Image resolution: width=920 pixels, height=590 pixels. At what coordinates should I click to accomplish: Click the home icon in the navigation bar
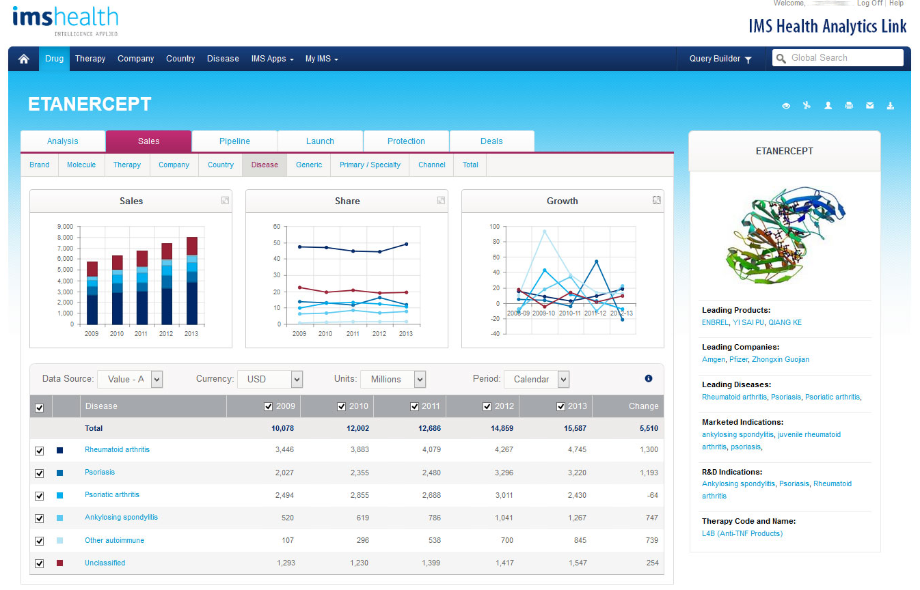pyautogui.click(x=24, y=59)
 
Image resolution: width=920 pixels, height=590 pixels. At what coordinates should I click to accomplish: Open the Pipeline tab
pyautogui.click(x=234, y=141)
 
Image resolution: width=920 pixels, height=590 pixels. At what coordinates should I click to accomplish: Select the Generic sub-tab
pyautogui.click(x=309, y=165)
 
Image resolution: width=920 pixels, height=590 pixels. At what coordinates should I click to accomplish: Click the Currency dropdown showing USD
pyautogui.click(x=269, y=379)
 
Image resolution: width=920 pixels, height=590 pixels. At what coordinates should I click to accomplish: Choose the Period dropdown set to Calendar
pyautogui.click(x=536, y=379)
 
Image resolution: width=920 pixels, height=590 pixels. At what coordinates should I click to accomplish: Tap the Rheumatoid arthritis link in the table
pyautogui.click(x=117, y=449)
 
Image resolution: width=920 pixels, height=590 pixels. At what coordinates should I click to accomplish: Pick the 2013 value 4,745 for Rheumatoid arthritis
pyautogui.click(x=576, y=450)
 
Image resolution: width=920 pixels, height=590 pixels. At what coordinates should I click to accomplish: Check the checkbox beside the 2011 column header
pyautogui.click(x=414, y=406)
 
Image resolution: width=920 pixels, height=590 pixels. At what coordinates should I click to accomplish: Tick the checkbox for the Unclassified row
pyautogui.click(x=40, y=563)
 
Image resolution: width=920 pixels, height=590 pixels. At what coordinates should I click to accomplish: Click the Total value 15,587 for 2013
pyautogui.click(x=573, y=428)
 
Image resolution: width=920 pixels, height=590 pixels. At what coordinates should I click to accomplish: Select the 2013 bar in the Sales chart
pyautogui.click(x=192, y=280)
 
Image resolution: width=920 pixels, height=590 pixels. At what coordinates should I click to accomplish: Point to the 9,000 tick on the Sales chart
pyautogui.click(x=65, y=227)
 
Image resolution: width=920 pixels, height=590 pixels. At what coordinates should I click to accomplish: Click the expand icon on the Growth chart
pyautogui.click(x=656, y=200)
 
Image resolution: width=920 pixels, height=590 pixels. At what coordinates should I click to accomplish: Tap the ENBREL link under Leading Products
pyautogui.click(x=715, y=322)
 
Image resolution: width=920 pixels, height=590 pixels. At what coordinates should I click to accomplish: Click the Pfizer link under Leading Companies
pyautogui.click(x=738, y=359)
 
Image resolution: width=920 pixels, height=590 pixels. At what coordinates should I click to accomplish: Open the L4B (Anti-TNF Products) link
pyautogui.click(x=742, y=533)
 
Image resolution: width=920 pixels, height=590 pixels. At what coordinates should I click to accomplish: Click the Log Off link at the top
pyautogui.click(x=869, y=3)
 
